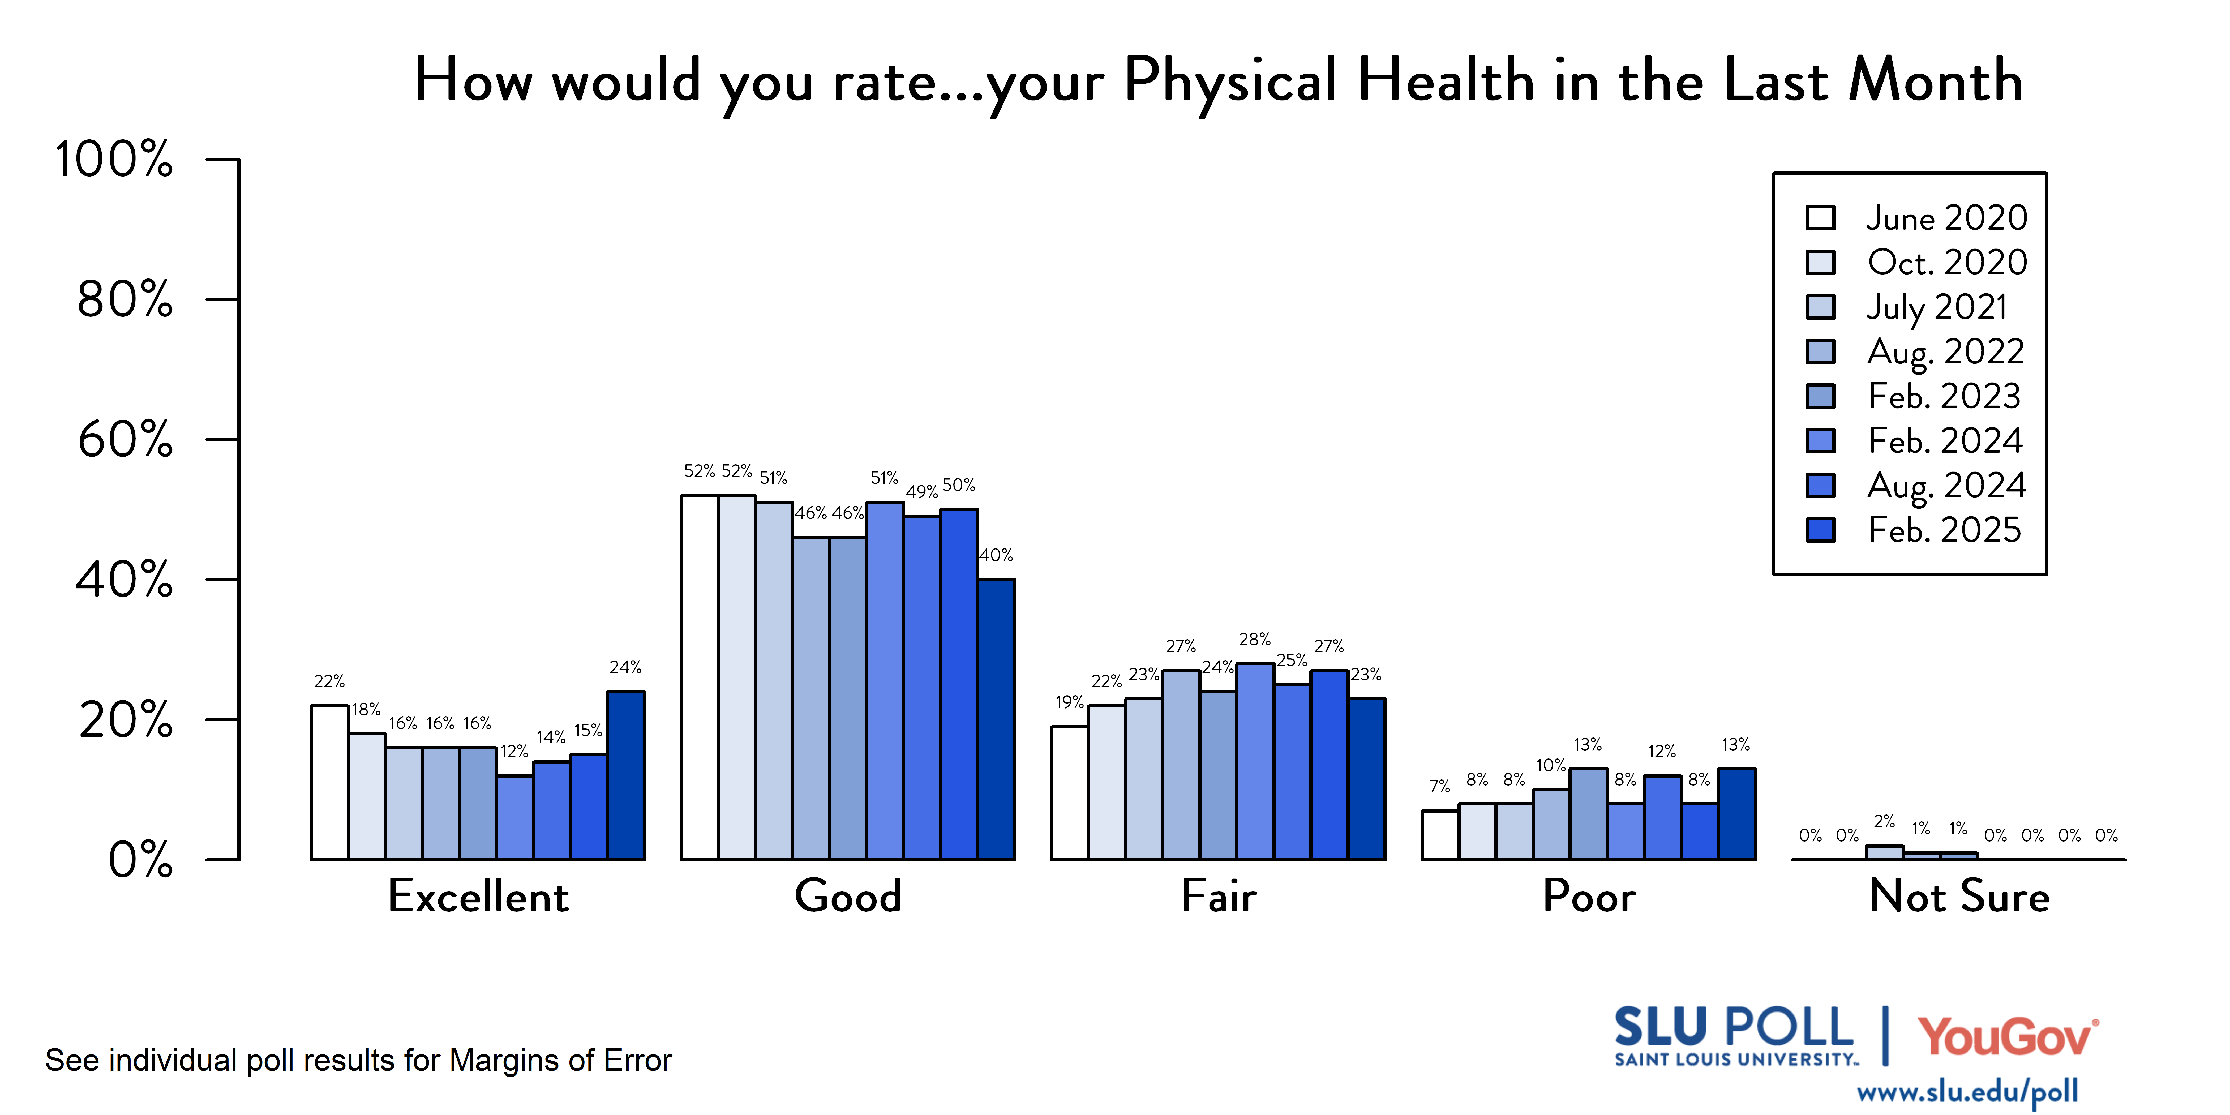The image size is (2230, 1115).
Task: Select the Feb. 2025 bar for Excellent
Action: tap(626, 776)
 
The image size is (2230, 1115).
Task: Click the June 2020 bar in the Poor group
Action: tap(1440, 835)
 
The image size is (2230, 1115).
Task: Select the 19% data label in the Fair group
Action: tap(1069, 702)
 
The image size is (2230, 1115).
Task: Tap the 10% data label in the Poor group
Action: tap(1550, 765)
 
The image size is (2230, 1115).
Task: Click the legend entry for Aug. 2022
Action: tap(1945, 351)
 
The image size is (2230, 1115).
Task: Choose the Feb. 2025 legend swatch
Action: tap(1821, 530)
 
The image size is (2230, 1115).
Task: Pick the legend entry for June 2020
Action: tap(1945, 217)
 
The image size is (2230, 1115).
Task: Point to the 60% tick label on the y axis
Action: tap(126, 440)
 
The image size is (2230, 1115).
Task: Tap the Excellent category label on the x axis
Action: tap(478, 896)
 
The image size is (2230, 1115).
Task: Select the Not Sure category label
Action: tap(1959, 896)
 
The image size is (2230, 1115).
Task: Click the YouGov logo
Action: tap(2007, 1036)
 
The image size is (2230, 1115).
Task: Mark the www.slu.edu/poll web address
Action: tap(1967, 1092)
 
